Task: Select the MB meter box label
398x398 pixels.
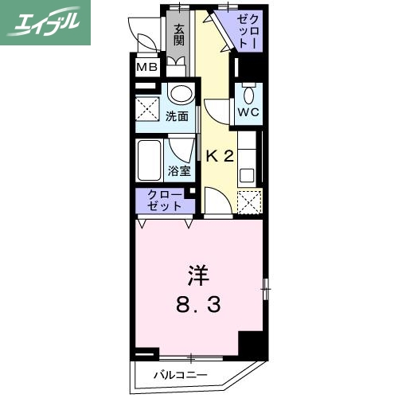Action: (x=146, y=67)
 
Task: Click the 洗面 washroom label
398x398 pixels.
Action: (x=177, y=116)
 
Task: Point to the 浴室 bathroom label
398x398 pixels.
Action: (x=178, y=170)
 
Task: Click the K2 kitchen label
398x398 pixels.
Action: (x=219, y=155)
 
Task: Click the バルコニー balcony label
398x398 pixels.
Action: (x=180, y=374)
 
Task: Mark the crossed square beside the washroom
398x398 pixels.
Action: (x=148, y=107)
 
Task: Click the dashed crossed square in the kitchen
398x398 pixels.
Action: (x=248, y=203)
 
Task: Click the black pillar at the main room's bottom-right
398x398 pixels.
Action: (x=251, y=343)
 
